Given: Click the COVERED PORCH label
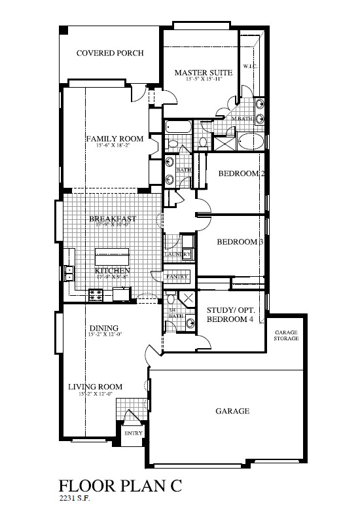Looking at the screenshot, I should point(109,54).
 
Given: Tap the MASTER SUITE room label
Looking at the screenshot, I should point(198,72).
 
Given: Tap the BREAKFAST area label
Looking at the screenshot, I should point(113,219).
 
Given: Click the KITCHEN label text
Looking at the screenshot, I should point(113,270).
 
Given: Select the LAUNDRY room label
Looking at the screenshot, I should point(177,254).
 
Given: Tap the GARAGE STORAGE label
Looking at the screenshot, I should point(286,336).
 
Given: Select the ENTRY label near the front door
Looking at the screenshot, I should point(133,433).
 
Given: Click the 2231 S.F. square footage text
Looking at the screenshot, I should point(74,499).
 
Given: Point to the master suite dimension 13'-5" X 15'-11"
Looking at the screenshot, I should point(198,79).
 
